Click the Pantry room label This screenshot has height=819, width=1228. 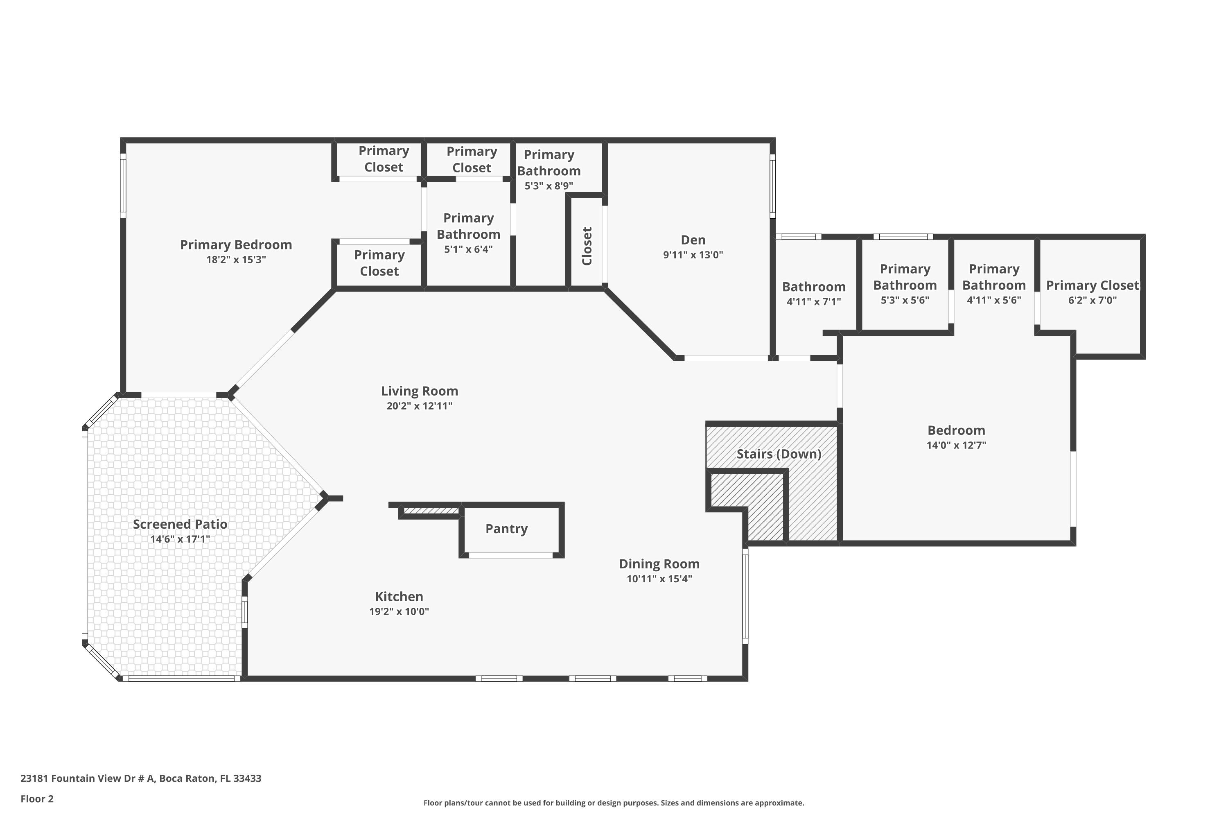tap(506, 529)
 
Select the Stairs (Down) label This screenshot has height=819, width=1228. tap(779, 454)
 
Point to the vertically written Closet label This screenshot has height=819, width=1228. tap(587, 246)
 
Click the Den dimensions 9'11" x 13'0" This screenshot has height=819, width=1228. tap(693, 255)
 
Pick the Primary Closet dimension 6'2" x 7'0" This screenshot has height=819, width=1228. tap(1092, 300)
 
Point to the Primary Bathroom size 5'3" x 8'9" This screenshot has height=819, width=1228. tap(549, 186)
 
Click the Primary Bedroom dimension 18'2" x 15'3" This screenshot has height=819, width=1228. tap(236, 260)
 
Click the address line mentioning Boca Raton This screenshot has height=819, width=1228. tap(141, 778)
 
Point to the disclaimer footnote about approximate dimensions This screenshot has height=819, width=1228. tap(614, 803)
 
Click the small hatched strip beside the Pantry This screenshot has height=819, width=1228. tap(431, 510)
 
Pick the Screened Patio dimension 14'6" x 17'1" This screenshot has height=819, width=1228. tap(180, 539)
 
